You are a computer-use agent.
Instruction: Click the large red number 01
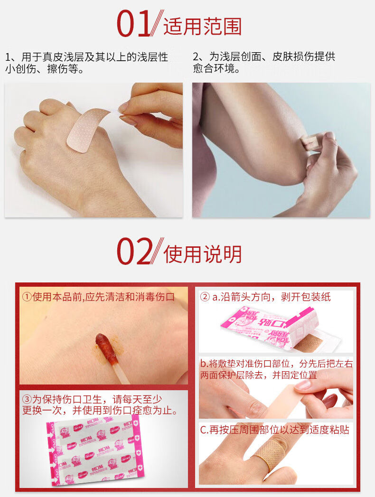[134, 25]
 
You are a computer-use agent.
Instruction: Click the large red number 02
[134, 252]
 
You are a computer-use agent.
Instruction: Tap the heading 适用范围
[202, 27]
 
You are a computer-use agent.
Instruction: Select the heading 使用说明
[202, 254]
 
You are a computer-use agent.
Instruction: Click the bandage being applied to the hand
[87, 130]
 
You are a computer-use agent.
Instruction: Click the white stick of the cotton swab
[121, 372]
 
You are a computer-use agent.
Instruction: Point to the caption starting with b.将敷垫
[276, 369]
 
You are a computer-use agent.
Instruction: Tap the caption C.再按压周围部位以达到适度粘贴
[274, 430]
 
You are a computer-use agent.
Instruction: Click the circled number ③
[27, 399]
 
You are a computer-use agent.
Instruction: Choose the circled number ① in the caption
[27, 297]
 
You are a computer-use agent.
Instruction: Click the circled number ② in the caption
[205, 297]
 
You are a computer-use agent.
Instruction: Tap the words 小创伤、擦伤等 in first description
[45, 69]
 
